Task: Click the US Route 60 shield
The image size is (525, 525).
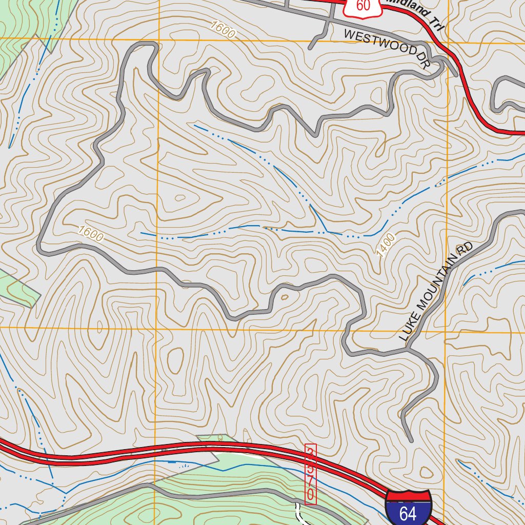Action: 362,6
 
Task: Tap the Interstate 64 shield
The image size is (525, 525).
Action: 408,508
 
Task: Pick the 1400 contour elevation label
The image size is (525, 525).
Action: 386,245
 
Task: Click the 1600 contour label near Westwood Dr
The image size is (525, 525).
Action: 223,30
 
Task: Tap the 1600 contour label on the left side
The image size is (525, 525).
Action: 91,234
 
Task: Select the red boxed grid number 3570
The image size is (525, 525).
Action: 310,474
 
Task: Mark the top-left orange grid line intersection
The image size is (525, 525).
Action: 159,38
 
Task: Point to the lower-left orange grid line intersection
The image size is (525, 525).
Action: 156,327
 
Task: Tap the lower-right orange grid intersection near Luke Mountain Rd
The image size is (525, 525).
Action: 445,331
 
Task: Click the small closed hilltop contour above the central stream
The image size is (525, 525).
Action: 180,197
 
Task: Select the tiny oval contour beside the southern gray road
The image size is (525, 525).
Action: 285,296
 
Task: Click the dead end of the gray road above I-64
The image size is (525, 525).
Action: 411,440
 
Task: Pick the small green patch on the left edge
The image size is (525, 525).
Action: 18,287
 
